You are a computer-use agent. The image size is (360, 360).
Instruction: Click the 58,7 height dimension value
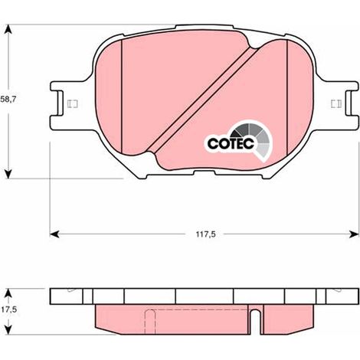(8, 100)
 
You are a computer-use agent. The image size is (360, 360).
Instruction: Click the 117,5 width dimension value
(206, 234)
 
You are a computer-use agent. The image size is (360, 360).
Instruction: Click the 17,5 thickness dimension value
(8, 309)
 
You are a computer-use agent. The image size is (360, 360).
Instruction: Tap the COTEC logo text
(231, 144)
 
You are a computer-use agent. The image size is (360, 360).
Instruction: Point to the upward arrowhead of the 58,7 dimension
(8, 29)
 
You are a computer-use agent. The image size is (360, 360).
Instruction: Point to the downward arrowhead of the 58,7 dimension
(8, 174)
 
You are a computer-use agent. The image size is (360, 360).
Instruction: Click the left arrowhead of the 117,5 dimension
(54, 234)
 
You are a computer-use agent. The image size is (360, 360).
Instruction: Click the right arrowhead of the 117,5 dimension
(354, 234)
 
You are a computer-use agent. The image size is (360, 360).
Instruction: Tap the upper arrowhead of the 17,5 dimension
(8, 293)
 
